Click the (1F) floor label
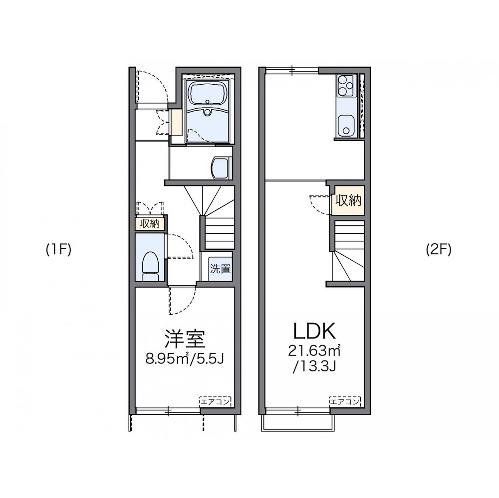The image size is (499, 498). [x=58, y=250]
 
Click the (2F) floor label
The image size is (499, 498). [x=439, y=250]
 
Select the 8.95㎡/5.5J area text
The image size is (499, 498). [x=185, y=359]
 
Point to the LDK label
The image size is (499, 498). [x=314, y=331]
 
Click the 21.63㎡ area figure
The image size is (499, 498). [x=314, y=351]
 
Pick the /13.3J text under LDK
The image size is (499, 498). [x=314, y=367]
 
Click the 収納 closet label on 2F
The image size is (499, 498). [x=348, y=200]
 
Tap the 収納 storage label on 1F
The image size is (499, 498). [x=150, y=223]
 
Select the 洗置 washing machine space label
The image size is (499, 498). [x=220, y=269]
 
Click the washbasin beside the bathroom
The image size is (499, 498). [x=219, y=167]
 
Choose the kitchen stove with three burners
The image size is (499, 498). [x=346, y=86]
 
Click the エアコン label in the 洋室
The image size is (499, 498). [x=215, y=402]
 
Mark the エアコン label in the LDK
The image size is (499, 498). [x=345, y=402]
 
